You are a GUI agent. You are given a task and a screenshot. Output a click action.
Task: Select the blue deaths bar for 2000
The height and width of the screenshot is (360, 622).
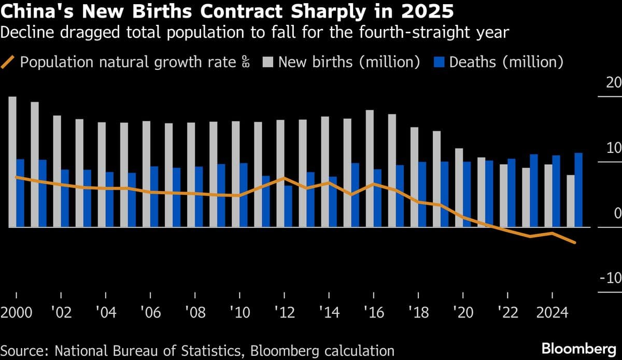tap(20, 193)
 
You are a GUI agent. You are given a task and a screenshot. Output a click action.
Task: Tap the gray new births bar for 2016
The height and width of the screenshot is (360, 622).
tap(370, 168)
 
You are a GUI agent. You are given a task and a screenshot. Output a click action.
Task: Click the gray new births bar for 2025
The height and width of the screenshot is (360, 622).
tap(571, 201)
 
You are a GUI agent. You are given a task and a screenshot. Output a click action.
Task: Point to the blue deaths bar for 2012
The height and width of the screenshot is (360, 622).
tap(288, 206)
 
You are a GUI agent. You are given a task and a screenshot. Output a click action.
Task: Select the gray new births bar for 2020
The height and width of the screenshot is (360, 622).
tap(459, 188)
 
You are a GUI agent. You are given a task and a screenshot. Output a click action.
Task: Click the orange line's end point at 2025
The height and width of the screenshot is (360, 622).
tap(575, 242)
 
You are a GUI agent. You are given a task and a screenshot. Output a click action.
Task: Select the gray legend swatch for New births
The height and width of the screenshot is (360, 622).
tap(268, 63)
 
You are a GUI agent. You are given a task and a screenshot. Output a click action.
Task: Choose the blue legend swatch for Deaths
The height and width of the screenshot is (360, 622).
tap(439, 63)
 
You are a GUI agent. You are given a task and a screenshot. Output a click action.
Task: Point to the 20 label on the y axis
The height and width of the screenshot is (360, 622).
tap(614, 83)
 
